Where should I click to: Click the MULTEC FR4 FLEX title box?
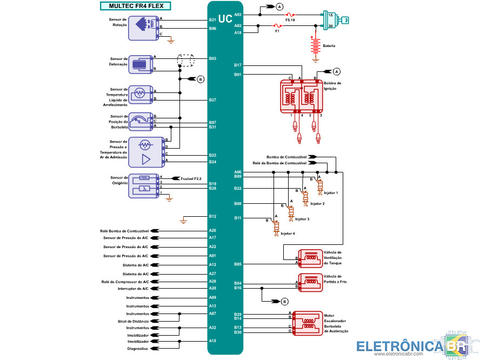coord(136,6)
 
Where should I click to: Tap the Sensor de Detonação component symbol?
coord(142,63)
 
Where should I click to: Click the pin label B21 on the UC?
coord(212,20)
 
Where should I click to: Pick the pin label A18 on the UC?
coord(238,33)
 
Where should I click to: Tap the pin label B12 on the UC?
coord(212,217)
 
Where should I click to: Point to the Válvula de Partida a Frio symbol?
coord(310,283)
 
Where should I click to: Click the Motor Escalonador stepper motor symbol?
coord(308,323)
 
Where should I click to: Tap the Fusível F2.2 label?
coord(191,178)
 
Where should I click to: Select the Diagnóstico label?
coord(138,349)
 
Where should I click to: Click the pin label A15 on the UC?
coord(212,341)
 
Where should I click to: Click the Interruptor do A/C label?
coord(133,288)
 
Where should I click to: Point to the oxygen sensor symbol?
coord(144,185)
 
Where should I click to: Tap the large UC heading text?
coord(225,18)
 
